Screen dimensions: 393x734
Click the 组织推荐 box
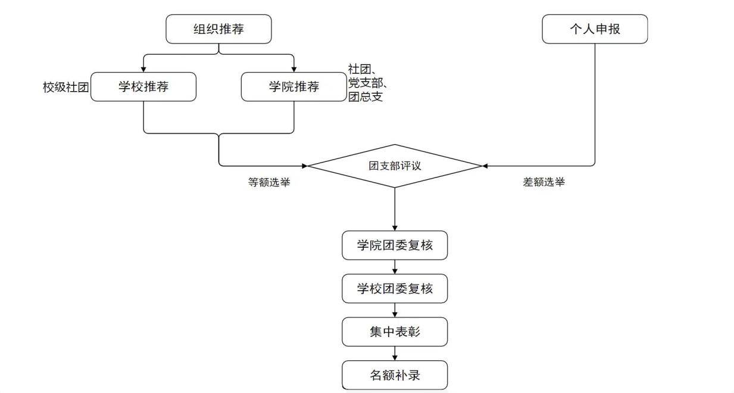(x=218, y=29)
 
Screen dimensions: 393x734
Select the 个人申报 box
(x=594, y=29)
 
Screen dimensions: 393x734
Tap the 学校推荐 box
(x=143, y=87)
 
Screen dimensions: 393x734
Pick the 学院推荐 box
(x=294, y=87)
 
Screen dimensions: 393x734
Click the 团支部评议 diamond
(x=394, y=166)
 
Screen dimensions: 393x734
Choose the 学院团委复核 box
(x=394, y=245)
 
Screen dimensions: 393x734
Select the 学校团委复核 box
(x=394, y=289)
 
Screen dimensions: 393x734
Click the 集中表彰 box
(x=394, y=332)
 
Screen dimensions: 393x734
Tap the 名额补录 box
(x=394, y=375)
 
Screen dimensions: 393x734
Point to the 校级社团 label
(x=65, y=88)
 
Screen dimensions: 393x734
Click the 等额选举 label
(x=269, y=183)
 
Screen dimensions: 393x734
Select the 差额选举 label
(x=544, y=183)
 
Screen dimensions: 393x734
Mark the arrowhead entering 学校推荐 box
(x=143, y=69)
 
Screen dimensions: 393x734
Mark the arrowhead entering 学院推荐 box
(x=294, y=69)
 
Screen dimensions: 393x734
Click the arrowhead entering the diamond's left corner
(x=304, y=166)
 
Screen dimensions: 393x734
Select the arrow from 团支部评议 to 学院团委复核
(x=394, y=208)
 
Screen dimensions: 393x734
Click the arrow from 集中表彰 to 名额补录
(x=394, y=354)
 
